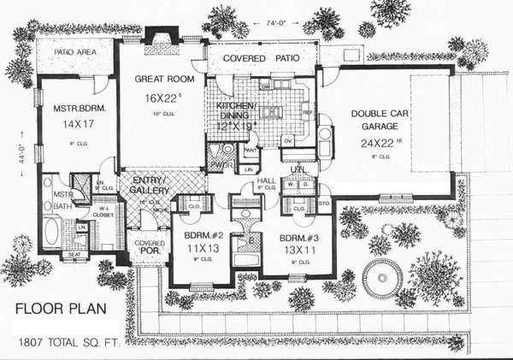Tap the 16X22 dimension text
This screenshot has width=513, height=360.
click(x=156, y=97)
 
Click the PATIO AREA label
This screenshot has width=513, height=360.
click(x=74, y=53)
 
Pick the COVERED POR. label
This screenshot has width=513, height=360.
click(x=151, y=248)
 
